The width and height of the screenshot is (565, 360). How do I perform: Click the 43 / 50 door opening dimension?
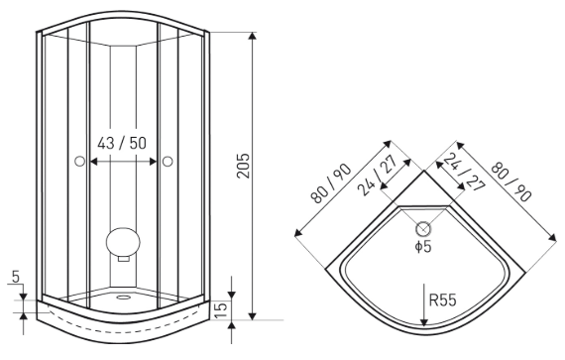[122, 144]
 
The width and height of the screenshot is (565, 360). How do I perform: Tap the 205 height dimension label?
[244, 166]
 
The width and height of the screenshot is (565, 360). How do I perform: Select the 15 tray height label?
[221, 310]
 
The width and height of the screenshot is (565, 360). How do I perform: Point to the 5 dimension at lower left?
[16, 277]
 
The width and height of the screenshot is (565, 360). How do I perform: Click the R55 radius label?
[443, 300]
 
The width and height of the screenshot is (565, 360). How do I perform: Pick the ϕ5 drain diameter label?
[423, 247]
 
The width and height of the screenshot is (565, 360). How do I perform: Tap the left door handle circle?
[79, 162]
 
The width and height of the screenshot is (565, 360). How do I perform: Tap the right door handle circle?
[168, 162]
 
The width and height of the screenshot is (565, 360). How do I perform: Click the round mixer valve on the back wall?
[123, 241]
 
